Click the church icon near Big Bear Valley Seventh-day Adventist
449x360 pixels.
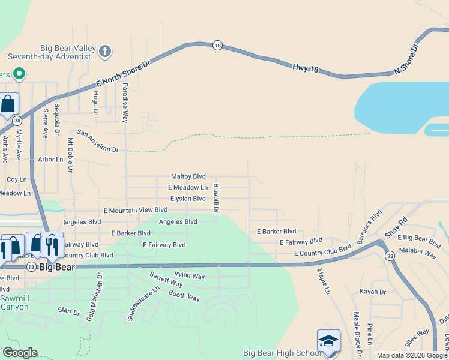pos(105,50)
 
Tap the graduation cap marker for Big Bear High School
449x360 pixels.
pos(328,340)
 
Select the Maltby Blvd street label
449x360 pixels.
pos(188,176)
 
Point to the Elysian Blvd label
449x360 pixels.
pos(188,199)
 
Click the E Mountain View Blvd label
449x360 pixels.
pos(135,210)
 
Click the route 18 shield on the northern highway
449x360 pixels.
pos(217,45)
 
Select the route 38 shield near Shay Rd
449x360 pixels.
pos(391,256)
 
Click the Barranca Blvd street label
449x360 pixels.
pos(370,226)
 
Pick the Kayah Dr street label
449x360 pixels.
pos(373,292)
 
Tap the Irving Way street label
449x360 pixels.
pos(190,277)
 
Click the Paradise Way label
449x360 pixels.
pos(126,103)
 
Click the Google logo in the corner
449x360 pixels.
pos(19,353)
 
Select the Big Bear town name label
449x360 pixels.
pos(56,268)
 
